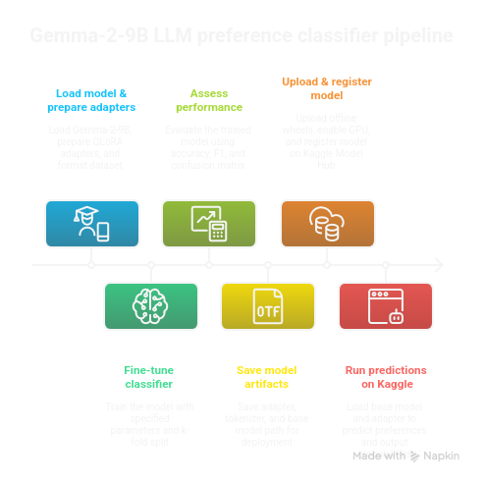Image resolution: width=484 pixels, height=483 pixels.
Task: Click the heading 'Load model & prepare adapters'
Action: click(x=91, y=98)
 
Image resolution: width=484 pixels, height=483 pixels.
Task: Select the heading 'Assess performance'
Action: click(x=208, y=98)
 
